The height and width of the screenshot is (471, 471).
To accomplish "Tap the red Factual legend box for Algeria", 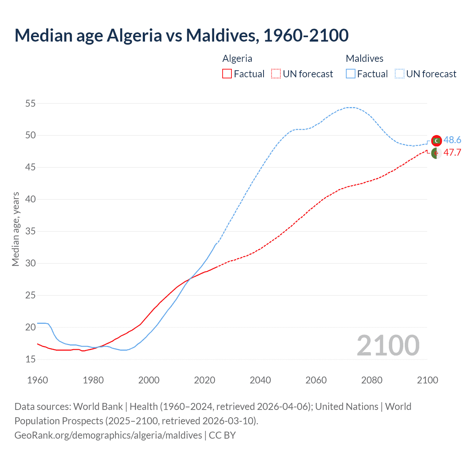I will [227, 74].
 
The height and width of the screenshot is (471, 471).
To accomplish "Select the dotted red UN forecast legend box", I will [276, 74].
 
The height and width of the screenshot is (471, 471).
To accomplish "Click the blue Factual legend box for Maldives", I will [350, 74].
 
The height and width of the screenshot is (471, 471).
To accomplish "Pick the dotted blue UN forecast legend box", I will [399, 74].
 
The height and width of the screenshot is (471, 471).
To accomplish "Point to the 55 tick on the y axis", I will [31, 103].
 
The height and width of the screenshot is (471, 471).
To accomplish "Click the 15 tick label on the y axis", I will [31, 359].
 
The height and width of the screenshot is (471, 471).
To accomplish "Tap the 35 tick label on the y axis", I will [31, 231].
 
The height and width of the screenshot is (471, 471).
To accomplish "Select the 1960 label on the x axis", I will [38, 380].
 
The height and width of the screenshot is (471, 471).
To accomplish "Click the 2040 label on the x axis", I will [260, 380].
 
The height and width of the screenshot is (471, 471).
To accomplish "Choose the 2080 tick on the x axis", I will [372, 380].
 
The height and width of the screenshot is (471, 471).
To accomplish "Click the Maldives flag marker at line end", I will [436, 141].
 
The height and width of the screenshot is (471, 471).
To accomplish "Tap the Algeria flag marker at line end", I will [436, 153].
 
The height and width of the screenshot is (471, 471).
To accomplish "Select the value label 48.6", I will [452, 140].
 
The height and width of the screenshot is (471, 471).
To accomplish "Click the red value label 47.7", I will [452, 153].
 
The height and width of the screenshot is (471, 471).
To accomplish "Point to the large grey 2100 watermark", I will [388, 346].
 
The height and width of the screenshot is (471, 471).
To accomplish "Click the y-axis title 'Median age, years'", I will [15, 229].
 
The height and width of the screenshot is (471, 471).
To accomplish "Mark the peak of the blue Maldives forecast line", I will [350, 107].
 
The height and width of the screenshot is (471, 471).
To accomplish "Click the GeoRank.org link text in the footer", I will [108, 435].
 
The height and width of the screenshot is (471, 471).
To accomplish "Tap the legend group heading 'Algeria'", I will [237, 59].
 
